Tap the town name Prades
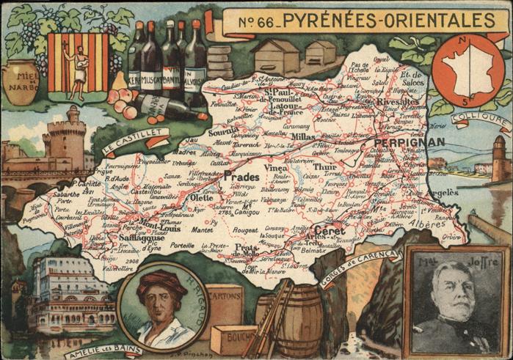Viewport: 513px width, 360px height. pos(241,177)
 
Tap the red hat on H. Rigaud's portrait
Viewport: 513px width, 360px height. pos(161,280)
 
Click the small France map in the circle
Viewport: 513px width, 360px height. pos(467,70)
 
